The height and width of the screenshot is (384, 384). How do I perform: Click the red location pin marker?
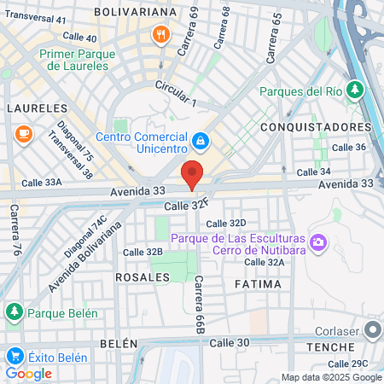pyautogui.click(x=193, y=174)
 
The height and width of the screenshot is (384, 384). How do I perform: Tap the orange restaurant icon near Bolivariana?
pyautogui.click(x=160, y=35)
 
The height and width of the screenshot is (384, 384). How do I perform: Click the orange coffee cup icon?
pyautogui.click(x=22, y=133)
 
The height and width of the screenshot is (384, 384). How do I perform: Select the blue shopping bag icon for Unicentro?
pyautogui.click(x=200, y=139)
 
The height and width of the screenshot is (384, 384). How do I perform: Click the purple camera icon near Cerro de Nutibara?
pyautogui.click(x=318, y=244)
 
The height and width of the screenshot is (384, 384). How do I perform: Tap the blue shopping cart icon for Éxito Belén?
pyautogui.click(x=14, y=357)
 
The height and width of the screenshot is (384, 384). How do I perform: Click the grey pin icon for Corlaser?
pyautogui.click(x=372, y=329)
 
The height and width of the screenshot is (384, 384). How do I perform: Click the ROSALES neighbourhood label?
pyautogui.click(x=137, y=278)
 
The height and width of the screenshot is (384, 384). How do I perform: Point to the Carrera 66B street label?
pyautogui.click(x=200, y=304)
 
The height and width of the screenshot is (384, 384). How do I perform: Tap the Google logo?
pyautogui.click(x=29, y=373)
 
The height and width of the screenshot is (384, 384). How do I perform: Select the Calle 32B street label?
pyautogui.click(x=143, y=252)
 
